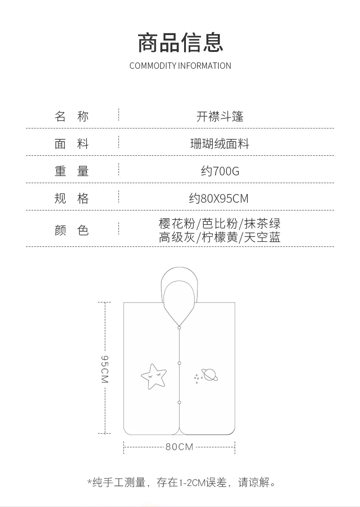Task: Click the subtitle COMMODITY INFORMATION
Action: coord(180,66)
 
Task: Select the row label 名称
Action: coord(72,117)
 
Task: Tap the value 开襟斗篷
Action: coord(220,117)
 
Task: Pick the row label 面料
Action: coord(72,144)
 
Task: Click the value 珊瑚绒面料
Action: coord(220,144)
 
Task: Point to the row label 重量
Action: coord(72,171)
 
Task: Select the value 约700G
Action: coord(220,171)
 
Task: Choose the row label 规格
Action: coord(72,198)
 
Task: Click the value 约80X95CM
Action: coord(219,199)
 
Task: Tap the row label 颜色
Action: coord(72,230)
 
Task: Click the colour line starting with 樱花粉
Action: coord(220,223)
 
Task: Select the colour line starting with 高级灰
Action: coord(220,237)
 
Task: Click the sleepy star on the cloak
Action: coord(153,376)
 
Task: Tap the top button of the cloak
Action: coord(180,327)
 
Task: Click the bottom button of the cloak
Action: coord(180,402)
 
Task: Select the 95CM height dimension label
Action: coord(104,369)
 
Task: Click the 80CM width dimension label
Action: coord(180,447)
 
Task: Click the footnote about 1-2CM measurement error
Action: coord(182,482)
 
